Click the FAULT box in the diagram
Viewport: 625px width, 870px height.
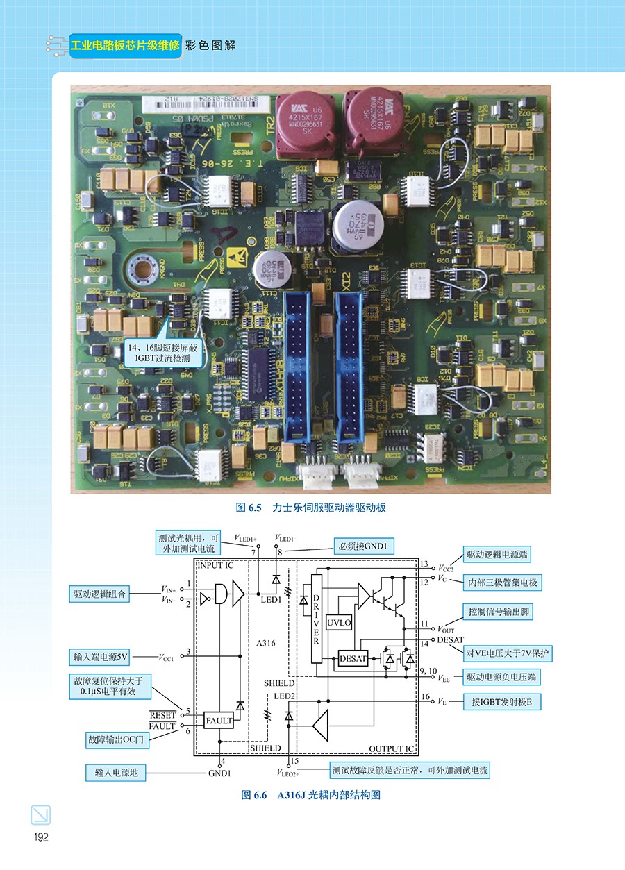[219, 721]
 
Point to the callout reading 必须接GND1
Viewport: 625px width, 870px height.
[363, 547]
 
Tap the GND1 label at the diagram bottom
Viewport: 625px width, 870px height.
[219, 773]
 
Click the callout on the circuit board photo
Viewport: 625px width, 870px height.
[160, 353]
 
